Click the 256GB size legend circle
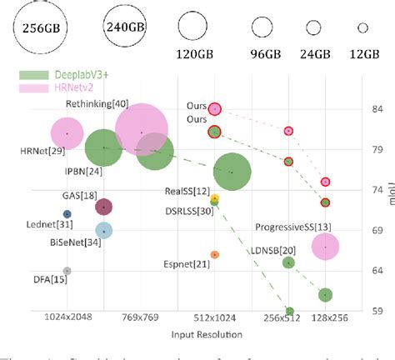(x=39, y=27)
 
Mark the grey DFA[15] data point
(x=67, y=271)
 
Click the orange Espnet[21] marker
(x=215, y=254)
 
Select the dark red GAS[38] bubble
(x=103, y=207)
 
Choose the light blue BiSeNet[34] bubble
(x=103, y=230)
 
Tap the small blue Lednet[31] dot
(x=67, y=214)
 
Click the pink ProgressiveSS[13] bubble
(x=325, y=247)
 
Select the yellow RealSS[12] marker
(x=215, y=199)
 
